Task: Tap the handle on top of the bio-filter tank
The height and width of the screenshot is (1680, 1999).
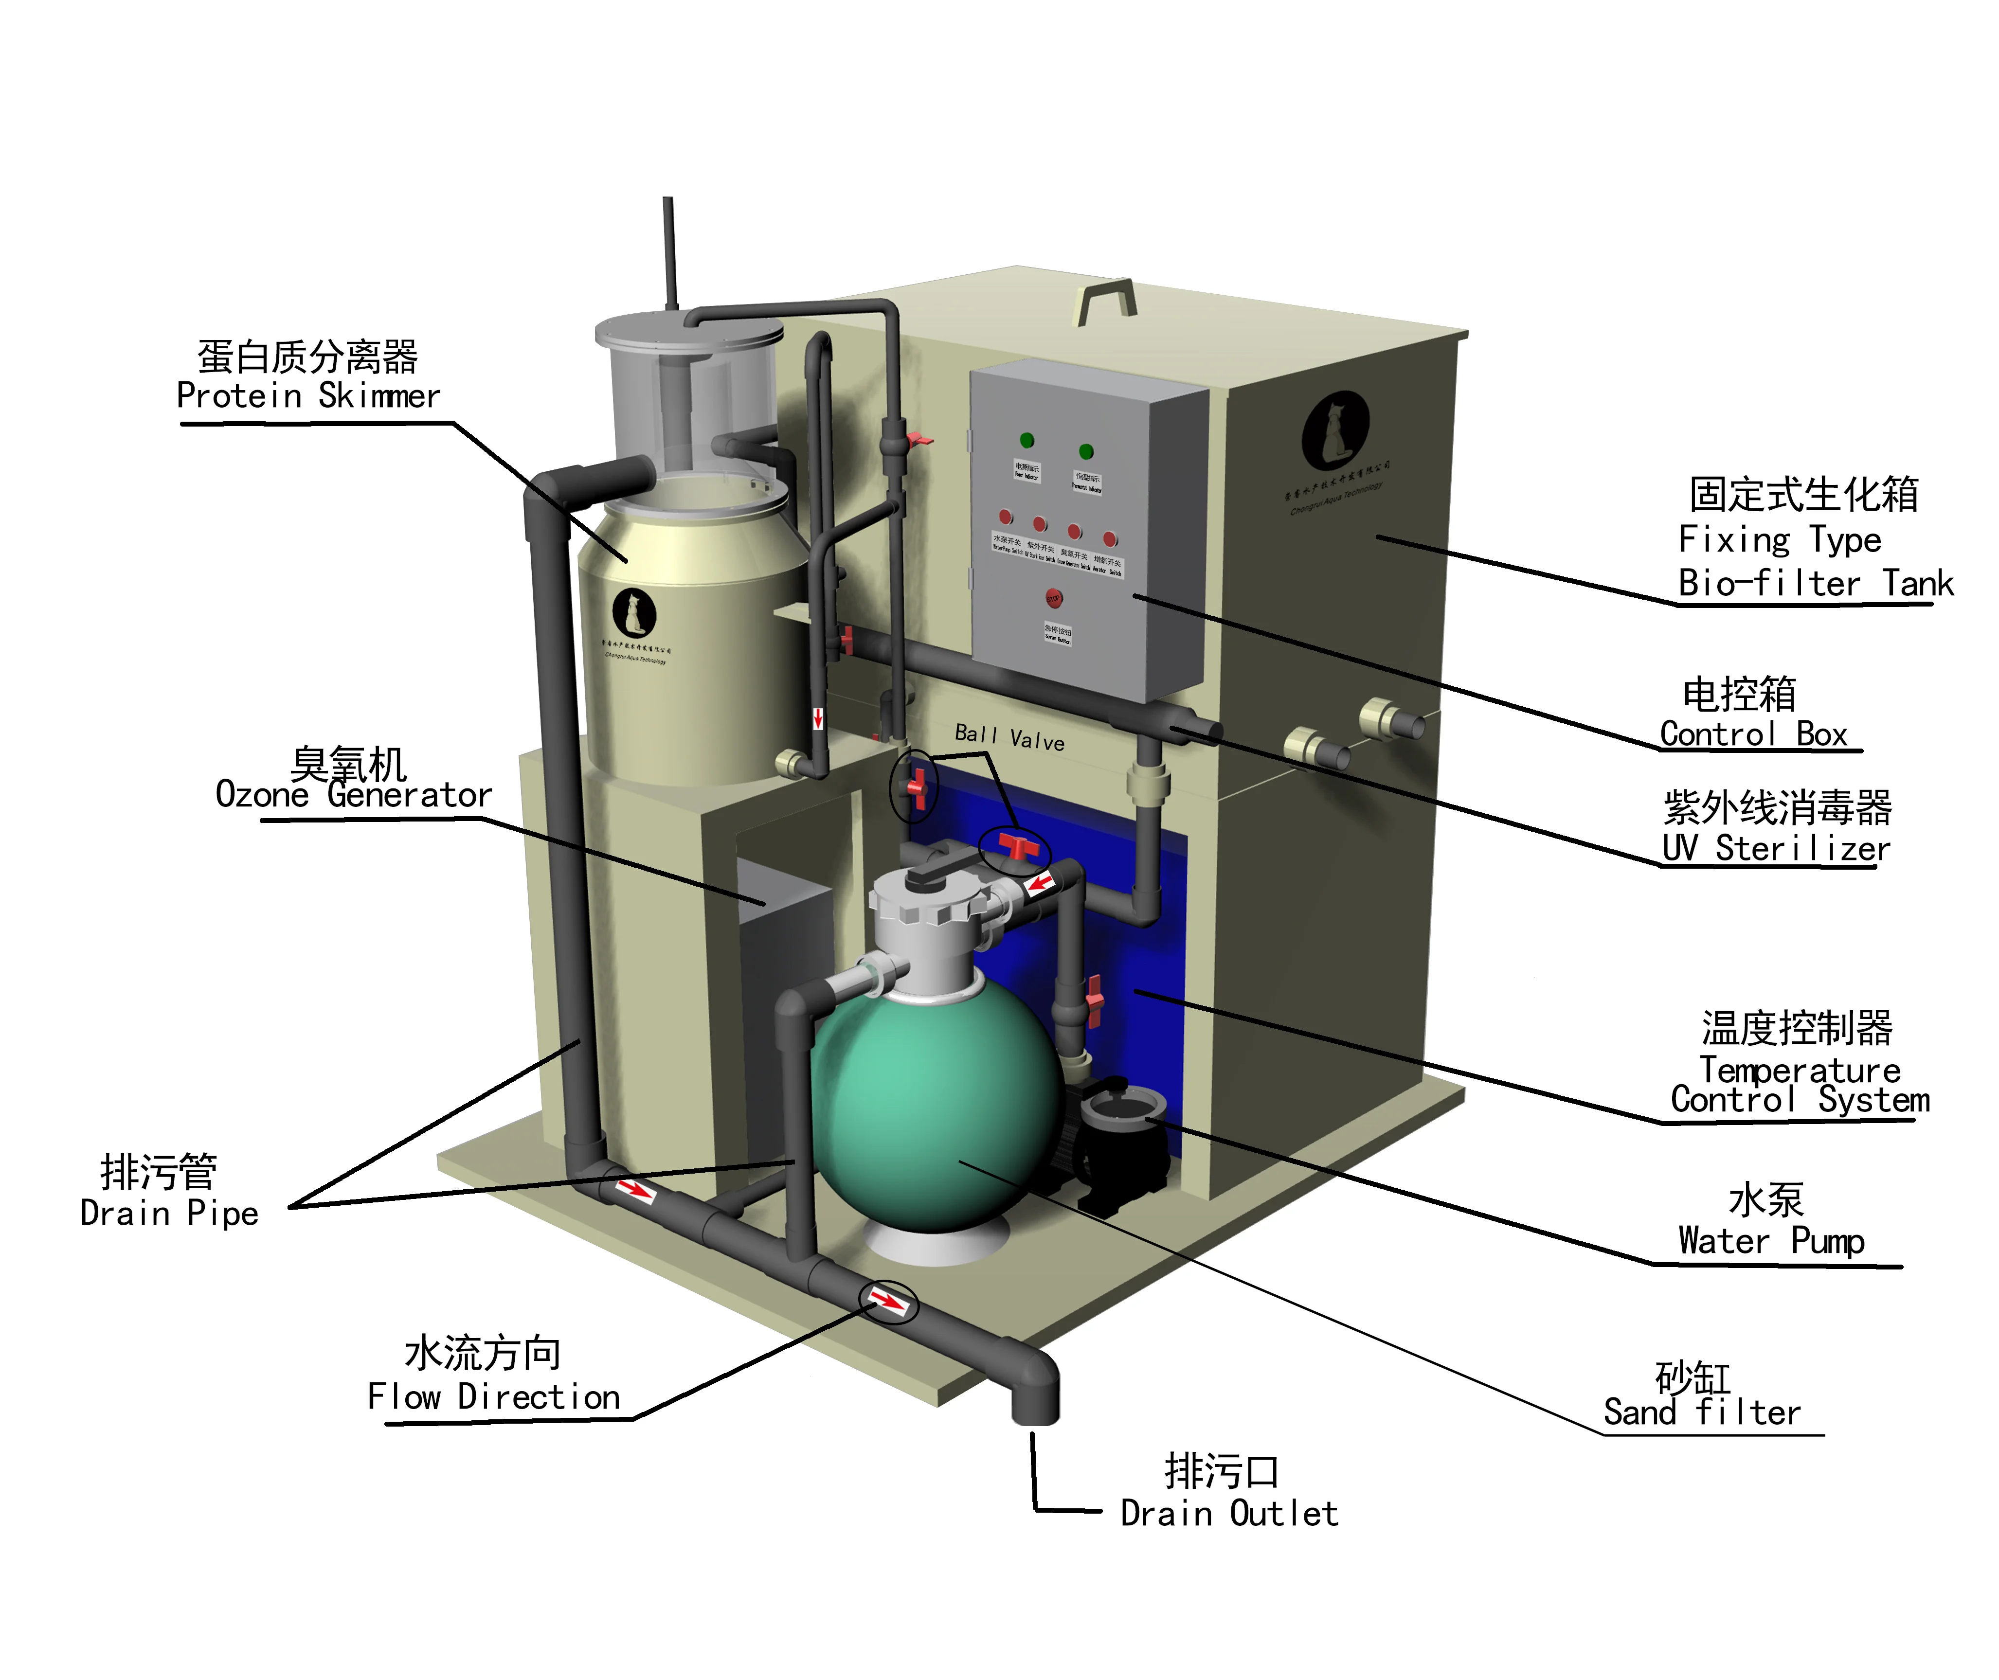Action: click(1107, 300)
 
